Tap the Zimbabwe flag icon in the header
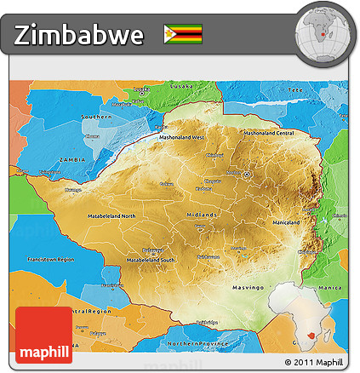pos(183,34)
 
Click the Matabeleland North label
pos(111,216)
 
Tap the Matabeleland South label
pos(151,259)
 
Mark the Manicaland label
pos(283,222)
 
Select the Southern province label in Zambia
pos(96,116)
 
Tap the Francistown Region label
pos(50,257)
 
